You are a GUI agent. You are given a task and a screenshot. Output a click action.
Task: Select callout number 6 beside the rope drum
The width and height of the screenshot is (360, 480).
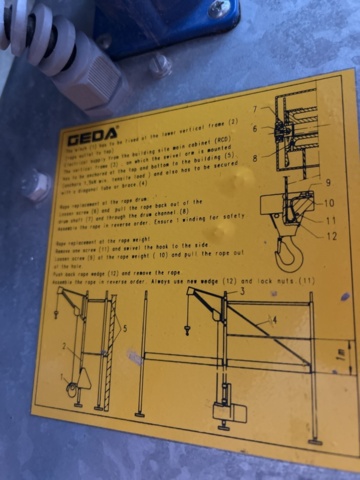pyautogui.click(x=255, y=128)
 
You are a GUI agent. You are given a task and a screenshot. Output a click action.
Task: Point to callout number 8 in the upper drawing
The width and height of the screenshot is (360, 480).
pyautogui.click(x=255, y=157)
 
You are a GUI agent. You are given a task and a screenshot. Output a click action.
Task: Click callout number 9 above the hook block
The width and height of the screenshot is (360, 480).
pyautogui.click(x=326, y=183)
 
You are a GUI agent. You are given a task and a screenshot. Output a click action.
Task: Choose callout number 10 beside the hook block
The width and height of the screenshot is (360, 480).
pyautogui.click(x=329, y=203)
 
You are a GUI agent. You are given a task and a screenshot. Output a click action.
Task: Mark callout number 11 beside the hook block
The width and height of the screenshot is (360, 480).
pyautogui.click(x=331, y=219)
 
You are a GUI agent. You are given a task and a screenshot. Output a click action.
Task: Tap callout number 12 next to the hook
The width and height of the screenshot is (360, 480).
pyautogui.click(x=332, y=236)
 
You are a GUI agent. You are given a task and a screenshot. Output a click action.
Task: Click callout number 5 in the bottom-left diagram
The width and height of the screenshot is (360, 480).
pyautogui.click(x=124, y=328)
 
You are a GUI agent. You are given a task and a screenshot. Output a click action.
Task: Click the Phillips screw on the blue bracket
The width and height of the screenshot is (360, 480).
pyautogui.click(x=216, y=9)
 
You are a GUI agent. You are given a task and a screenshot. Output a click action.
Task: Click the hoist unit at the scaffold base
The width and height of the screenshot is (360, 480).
pyautogui.click(x=224, y=410)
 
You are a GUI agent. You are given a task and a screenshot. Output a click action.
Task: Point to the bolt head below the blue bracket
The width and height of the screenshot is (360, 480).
pyautogui.click(x=159, y=66)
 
